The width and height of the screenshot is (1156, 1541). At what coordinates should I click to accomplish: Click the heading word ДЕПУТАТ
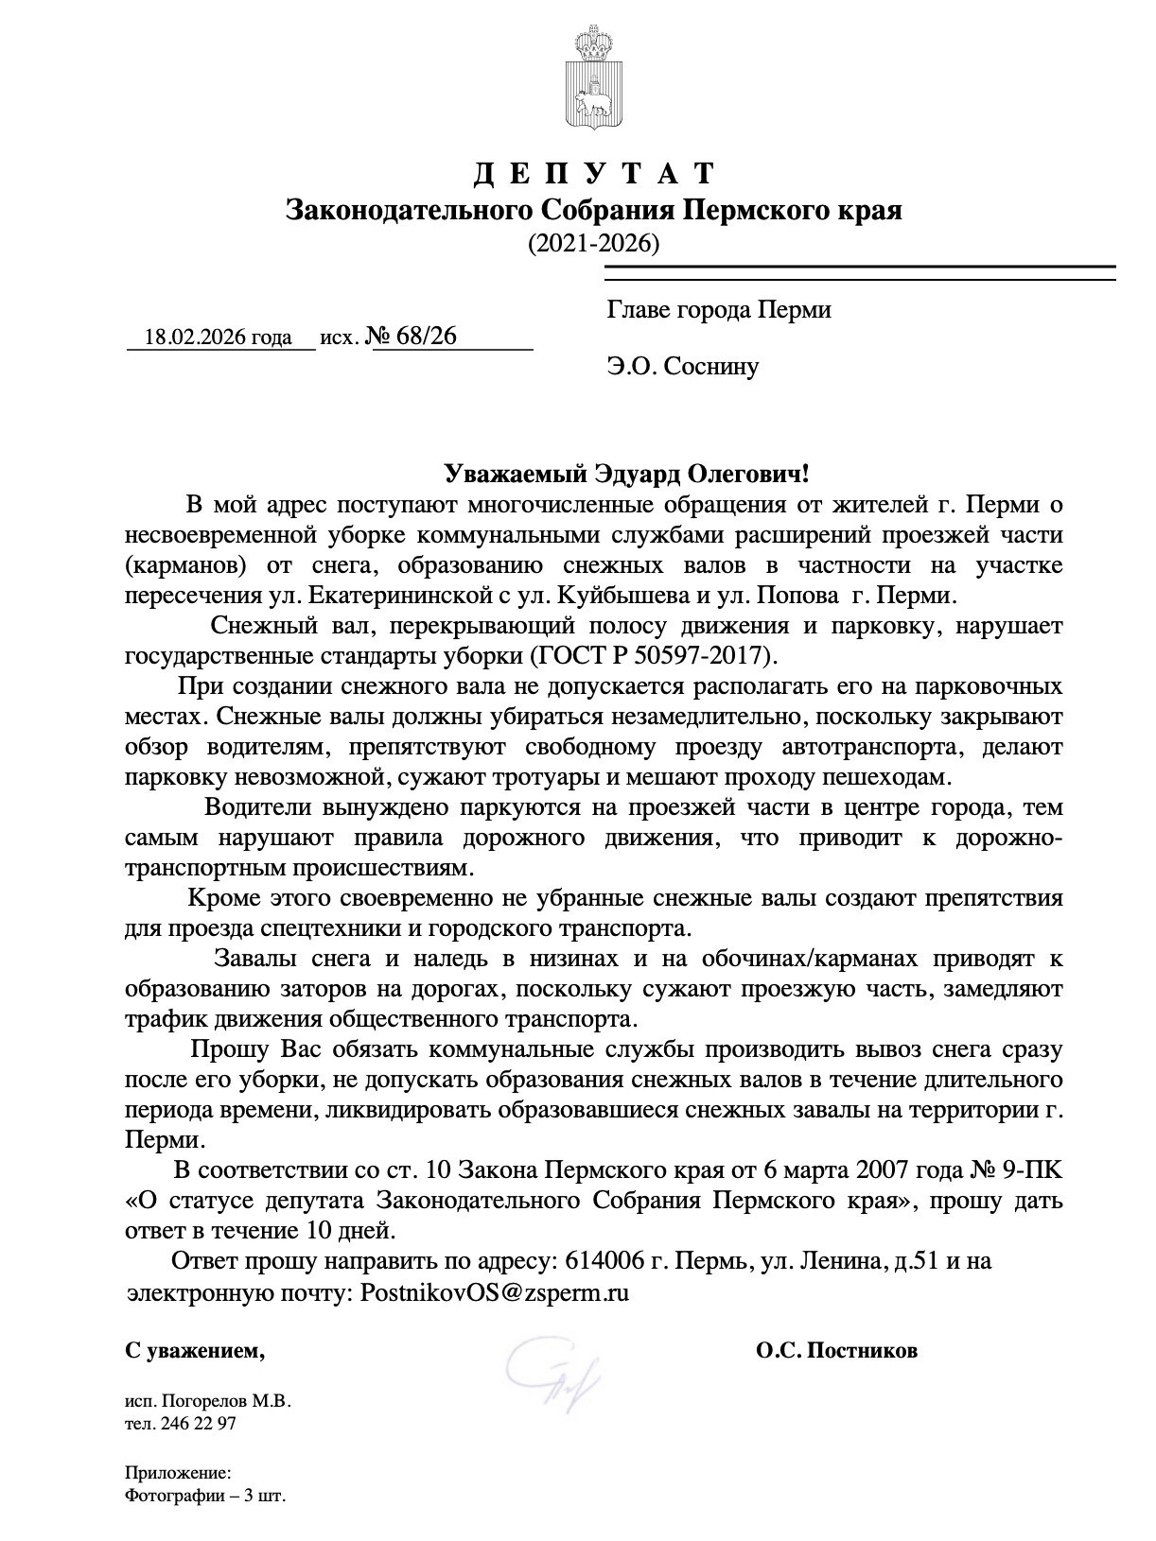593,174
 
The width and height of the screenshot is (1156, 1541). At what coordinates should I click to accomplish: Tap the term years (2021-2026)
593,243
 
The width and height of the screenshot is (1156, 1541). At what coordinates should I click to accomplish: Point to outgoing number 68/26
428,336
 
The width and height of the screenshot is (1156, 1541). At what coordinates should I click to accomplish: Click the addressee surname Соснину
711,366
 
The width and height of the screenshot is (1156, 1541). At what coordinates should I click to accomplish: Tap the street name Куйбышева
614,597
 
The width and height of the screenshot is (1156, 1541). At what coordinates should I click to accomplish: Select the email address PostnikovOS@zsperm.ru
496,1292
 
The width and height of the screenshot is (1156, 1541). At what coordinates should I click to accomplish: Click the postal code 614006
599,1261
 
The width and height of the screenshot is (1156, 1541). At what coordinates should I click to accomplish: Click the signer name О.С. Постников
836,1351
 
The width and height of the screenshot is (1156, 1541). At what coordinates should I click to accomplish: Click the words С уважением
195,1352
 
